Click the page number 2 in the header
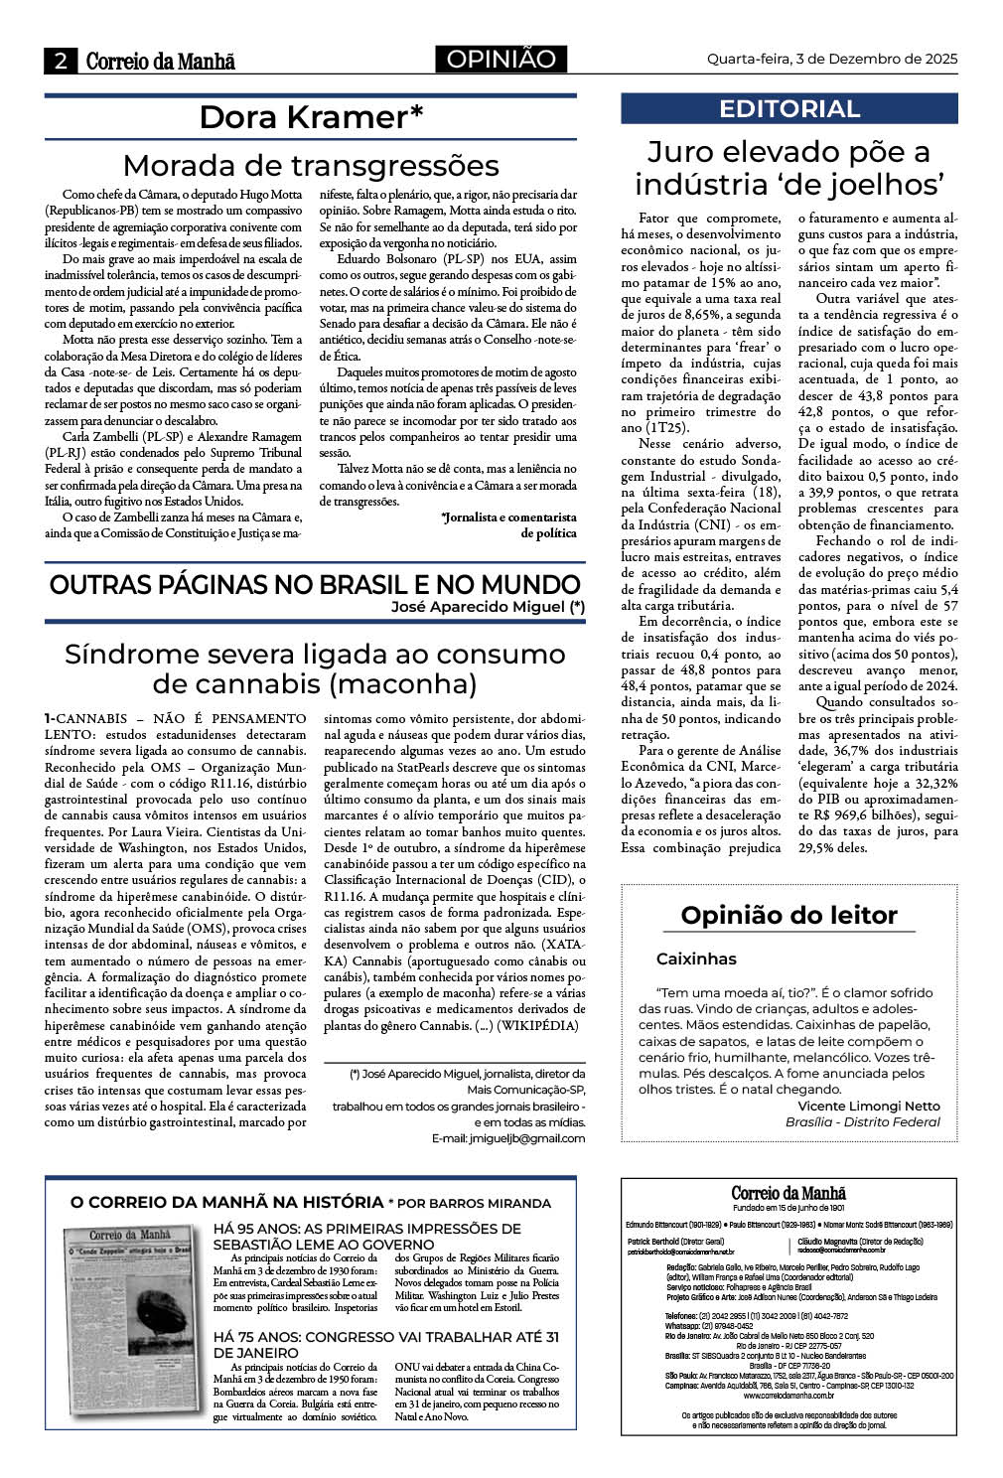[61, 61]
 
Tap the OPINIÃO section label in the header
[501, 60]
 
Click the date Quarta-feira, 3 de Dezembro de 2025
[831, 59]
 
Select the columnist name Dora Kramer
[311, 117]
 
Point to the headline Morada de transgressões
[311, 165]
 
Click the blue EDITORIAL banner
[788, 108]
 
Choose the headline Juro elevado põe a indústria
[788, 168]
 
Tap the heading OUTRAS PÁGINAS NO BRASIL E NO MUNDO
[315, 584]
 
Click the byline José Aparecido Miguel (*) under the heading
[488, 606]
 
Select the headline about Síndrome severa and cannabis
[315, 668]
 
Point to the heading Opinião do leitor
[788, 915]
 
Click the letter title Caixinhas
[696, 959]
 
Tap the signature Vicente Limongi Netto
[868, 1106]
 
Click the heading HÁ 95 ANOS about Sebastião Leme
[367, 1237]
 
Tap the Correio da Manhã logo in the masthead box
[788, 1193]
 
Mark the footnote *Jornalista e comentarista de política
[508, 524]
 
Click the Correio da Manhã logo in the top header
[160, 61]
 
